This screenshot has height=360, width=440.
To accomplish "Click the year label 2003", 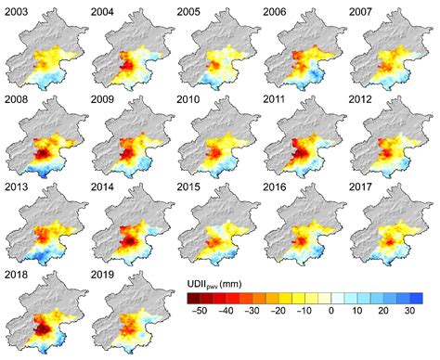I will (17, 10).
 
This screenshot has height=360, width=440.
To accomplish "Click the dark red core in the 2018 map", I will (42, 321).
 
